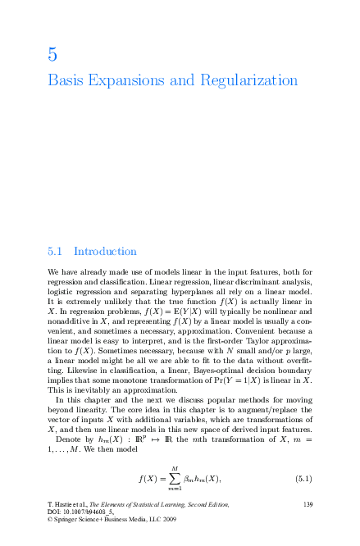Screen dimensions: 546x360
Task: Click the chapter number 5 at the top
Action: pyautogui.click(x=52, y=56)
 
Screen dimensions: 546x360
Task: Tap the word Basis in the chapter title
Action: pyautogui.click(x=66, y=82)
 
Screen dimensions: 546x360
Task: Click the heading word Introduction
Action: pyautogui.click(x=105, y=251)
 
